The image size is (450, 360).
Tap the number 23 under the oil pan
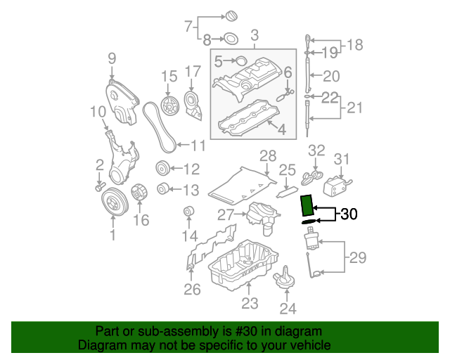[x=250, y=304]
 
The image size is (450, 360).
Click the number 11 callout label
[x=198, y=146]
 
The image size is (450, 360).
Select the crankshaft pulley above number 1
[x=112, y=202]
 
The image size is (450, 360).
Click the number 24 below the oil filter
[x=288, y=307]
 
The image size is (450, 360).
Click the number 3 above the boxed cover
[x=255, y=34]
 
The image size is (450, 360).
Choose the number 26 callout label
[x=192, y=289]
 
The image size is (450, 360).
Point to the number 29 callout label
[x=357, y=258]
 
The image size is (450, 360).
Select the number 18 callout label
[x=354, y=46]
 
